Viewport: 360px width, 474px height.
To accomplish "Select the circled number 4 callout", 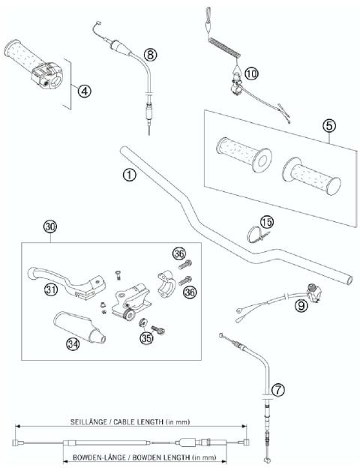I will (x=84, y=91).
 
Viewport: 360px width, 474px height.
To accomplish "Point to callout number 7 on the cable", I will (x=277, y=390).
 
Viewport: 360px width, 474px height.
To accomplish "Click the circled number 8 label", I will (x=151, y=54).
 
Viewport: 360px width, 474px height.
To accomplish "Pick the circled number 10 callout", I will (x=250, y=73).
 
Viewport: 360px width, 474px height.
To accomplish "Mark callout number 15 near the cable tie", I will (x=267, y=222).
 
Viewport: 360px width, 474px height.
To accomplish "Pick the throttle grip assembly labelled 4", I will (x=37, y=64).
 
